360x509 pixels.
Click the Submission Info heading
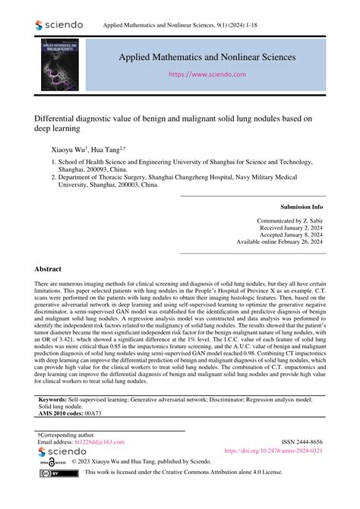pyautogui.click(x=302, y=206)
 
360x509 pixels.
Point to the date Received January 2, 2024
pyautogui.click(x=290, y=227)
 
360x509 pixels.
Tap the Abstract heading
pyautogui.click(x=49, y=270)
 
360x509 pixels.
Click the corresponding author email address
pyautogui.click(x=90, y=441)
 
